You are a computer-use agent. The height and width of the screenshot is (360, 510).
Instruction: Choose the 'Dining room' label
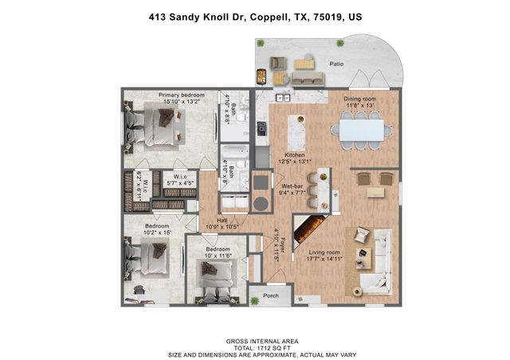[x=360, y=100]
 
